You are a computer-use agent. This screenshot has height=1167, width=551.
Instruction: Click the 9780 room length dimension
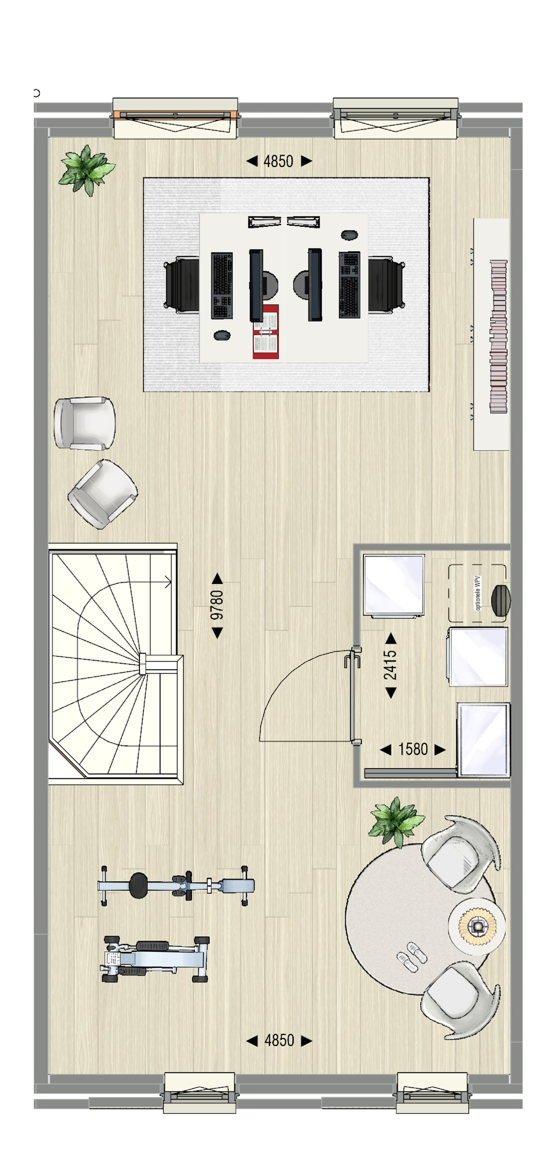(x=217, y=605)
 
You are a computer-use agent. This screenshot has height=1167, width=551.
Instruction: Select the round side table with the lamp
(x=477, y=926)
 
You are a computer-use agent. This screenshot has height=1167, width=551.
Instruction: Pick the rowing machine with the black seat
(x=176, y=886)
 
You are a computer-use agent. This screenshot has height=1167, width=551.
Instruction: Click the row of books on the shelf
(x=499, y=336)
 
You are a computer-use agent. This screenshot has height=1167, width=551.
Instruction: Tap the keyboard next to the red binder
(x=222, y=285)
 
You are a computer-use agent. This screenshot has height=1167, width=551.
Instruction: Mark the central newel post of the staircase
(x=143, y=664)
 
